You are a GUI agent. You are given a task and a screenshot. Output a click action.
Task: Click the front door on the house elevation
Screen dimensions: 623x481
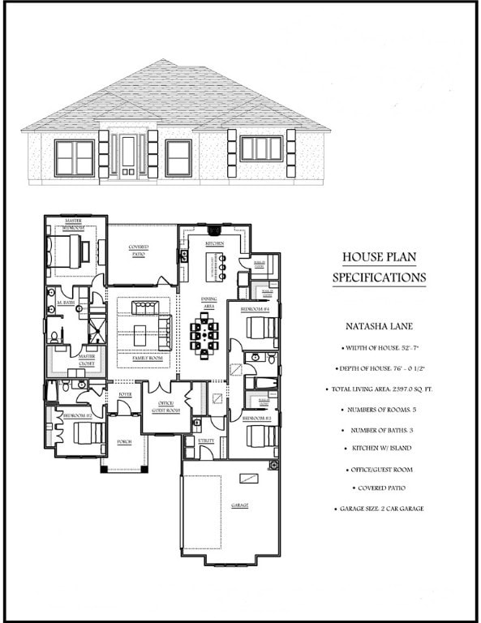click(128, 156)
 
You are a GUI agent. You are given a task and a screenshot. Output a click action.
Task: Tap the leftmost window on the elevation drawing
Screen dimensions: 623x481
click(74, 157)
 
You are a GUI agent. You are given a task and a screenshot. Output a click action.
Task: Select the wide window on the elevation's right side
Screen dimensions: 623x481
click(261, 149)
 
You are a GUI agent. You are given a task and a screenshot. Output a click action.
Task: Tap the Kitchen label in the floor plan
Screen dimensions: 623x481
click(214, 243)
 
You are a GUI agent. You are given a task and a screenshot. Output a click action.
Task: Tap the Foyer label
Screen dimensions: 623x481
click(125, 394)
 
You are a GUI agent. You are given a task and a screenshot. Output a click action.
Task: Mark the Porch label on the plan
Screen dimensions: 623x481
click(124, 442)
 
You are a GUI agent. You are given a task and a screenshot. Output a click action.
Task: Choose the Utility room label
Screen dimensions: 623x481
click(206, 440)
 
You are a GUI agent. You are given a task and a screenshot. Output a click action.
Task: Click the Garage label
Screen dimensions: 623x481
click(239, 505)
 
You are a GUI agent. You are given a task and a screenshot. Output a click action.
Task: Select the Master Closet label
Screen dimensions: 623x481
click(87, 360)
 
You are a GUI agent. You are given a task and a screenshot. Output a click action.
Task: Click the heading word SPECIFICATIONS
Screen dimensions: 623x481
click(379, 277)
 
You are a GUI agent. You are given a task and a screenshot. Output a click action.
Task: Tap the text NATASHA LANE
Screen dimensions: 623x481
click(379, 329)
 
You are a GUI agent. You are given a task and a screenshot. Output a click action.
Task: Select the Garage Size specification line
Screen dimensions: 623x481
click(379, 509)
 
